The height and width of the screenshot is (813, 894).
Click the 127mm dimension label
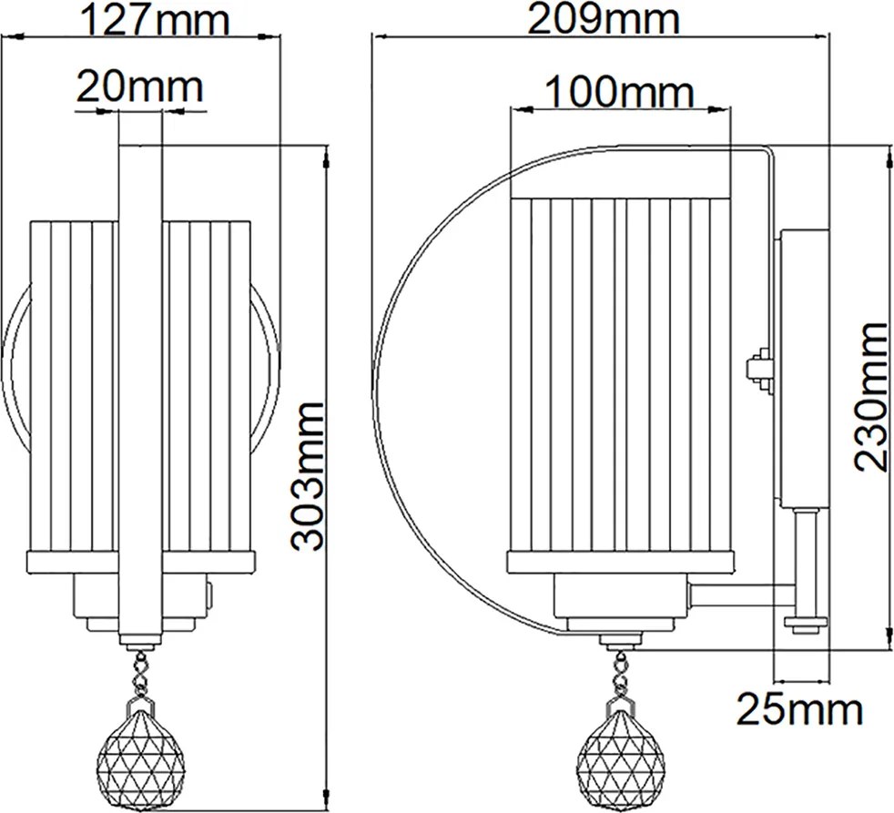[x=155, y=19]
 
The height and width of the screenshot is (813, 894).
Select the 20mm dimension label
[x=140, y=86]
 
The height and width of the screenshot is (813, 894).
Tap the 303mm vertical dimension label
[x=307, y=476]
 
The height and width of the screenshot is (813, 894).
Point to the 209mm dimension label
[x=604, y=19]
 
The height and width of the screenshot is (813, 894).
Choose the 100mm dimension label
[x=620, y=91]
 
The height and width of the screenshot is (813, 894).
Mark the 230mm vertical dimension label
[x=870, y=397]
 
